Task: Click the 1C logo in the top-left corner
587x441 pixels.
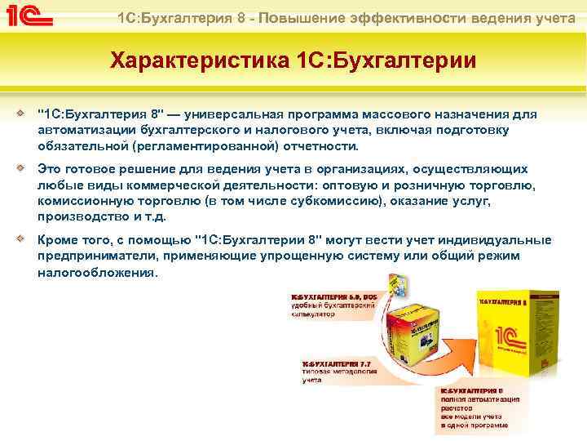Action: (33, 16)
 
